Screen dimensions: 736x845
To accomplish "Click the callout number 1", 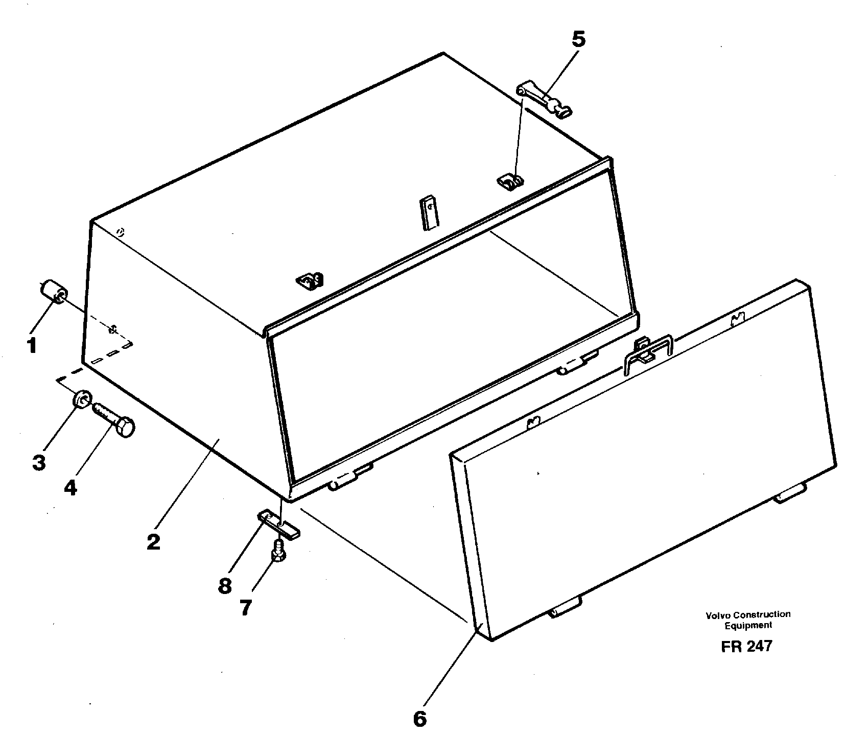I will point(31,346).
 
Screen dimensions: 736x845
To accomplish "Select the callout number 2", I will point(153,541).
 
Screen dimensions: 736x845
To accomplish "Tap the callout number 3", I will point(39,462).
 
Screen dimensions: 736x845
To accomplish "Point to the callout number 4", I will point(71,487).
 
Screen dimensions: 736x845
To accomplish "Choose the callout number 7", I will point(246,608).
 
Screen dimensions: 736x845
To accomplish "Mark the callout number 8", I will point(225,586).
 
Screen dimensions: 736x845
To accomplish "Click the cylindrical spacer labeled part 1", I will point(53,292).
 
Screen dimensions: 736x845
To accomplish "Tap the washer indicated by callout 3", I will point(82,399).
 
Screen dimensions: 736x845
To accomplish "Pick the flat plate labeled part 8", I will point(278,525).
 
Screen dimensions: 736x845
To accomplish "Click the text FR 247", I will point(746,647).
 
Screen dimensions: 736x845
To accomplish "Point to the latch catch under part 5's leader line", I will point(511,181).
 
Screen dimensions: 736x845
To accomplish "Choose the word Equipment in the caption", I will point(748,625).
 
